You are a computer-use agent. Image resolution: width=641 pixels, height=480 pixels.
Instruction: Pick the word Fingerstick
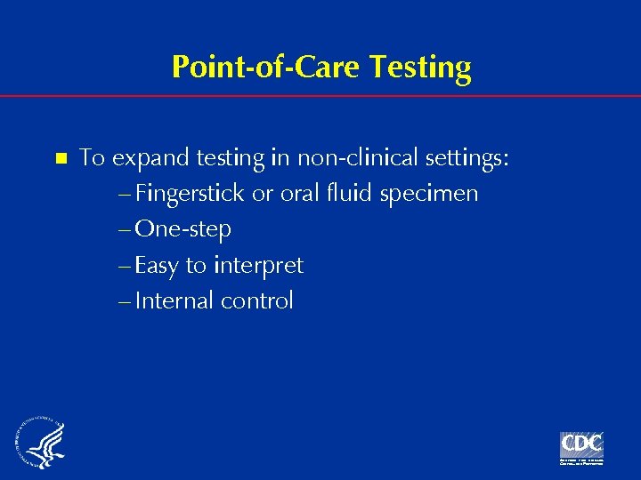[x=191, y=194]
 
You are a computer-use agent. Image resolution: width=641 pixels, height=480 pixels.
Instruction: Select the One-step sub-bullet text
[x=183, y=229]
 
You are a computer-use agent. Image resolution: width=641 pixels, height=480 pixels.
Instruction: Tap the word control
[x=256, y=300]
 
